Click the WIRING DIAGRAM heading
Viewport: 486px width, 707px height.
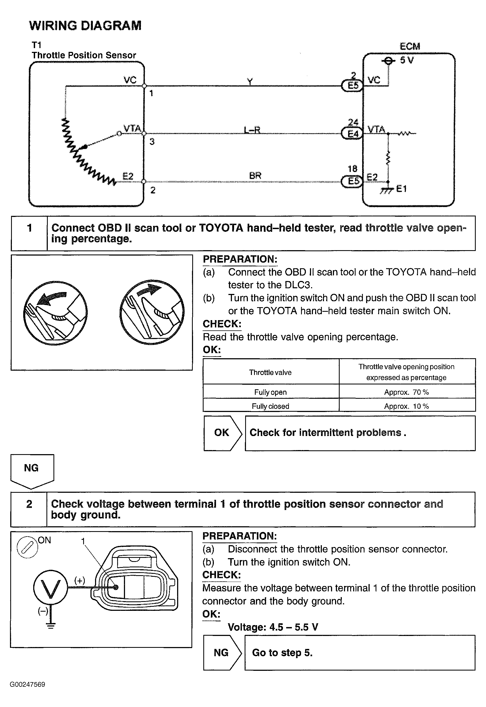pos(85,26)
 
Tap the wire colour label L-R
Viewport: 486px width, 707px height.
pos(252,130)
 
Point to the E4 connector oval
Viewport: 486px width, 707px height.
pos(353,133)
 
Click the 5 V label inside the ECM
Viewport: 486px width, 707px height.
pos(407,60)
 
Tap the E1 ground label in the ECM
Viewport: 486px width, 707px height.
pos(401,189)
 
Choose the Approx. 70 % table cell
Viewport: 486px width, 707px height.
pos(407,392)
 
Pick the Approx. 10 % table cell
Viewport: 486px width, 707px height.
pos(407,406)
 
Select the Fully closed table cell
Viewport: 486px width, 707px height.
pos(271,406)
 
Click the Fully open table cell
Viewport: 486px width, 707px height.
pos(271,392)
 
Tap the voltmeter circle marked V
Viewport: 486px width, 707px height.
pos(50,588)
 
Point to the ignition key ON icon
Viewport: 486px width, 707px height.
pos(28,547)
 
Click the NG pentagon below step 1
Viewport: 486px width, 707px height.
pos(32,470)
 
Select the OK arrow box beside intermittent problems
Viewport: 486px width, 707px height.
pos(222,433)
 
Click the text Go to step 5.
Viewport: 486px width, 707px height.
pos(282,652)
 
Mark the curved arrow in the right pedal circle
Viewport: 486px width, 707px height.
pos(149,290)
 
